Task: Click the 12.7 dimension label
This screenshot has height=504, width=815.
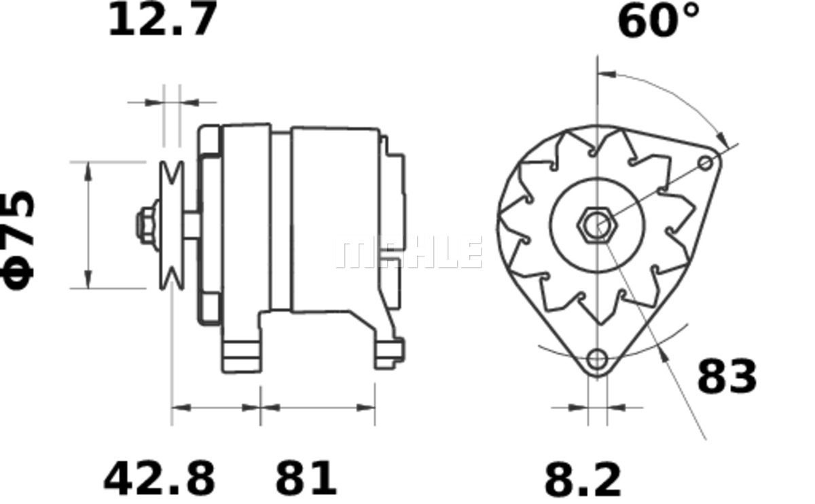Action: (x=162, y=18)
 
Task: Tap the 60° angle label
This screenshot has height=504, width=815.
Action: (x=659, y=21)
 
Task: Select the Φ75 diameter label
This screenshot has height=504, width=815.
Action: (x=18, y=240)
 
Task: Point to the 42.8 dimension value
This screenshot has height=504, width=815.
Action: (x=160, y=478)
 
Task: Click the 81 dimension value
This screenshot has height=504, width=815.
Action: (x=306, y=478)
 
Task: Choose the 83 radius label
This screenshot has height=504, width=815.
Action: (x=727, y=376)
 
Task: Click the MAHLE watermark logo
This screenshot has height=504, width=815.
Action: (x=408, y=252)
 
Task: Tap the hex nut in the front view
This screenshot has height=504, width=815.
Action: (x=597, y=225)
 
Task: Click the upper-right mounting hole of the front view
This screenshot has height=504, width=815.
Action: (x=706, y=163)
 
